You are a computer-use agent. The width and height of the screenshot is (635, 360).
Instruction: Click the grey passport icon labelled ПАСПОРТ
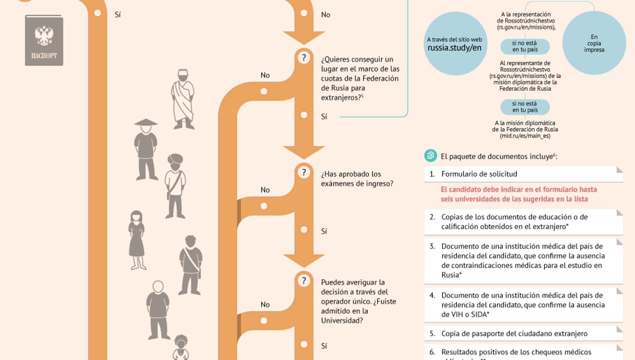pos(44,40)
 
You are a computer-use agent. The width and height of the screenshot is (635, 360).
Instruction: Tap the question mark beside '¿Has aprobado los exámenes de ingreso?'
pos(304,172)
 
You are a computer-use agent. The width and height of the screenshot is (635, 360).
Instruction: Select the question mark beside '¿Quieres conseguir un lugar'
pos(304,58)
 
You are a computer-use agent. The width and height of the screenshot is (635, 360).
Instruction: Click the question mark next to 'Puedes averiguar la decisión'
pos(304,281)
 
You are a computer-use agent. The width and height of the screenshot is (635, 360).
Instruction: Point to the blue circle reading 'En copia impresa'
pos(594,43)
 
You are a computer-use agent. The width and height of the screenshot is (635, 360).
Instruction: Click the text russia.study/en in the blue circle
pos(454,48)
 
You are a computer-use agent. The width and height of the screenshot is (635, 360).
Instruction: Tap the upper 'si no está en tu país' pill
pos(525,46)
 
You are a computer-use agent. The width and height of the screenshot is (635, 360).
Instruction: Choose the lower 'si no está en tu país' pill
pos(525,107)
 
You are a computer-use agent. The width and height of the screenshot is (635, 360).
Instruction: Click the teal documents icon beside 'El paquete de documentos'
pos(430,156)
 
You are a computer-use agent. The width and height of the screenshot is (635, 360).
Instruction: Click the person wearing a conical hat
pos(146,149)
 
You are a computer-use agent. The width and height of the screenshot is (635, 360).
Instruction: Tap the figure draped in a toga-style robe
pos(183,99)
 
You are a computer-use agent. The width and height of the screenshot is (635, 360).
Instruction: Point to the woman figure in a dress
pos(137,240)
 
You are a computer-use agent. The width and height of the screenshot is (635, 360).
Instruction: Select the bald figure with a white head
pos(158,309)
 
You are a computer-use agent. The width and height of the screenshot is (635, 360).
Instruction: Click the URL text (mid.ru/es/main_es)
pos(525,136)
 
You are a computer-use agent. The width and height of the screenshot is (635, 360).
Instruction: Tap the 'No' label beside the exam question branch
pos(265,190)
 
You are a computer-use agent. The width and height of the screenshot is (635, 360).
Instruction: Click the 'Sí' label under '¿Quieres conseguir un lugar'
pos(324,116)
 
